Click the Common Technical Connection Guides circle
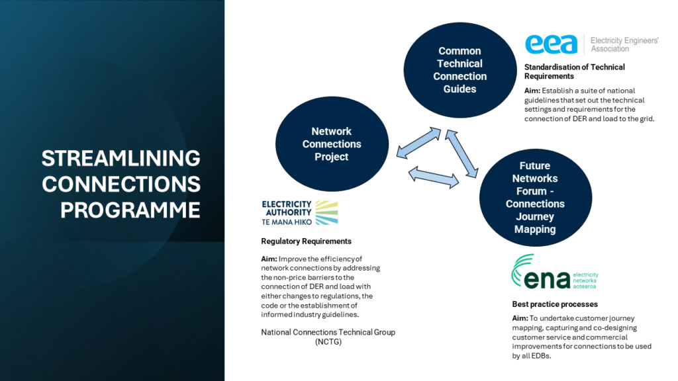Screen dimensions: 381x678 coord(460,69)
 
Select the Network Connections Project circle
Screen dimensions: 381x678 coord(332,144)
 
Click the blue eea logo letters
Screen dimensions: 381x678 coord(552,45)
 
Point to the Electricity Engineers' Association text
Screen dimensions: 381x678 coord(624,44)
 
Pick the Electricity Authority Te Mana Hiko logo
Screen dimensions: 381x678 coord(300,212)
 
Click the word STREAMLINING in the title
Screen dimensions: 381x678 coord(121,158)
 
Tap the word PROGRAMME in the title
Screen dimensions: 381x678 coord(130,210)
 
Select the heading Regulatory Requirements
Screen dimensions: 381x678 coord(306,241)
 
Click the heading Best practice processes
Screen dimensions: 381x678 coord(555,304)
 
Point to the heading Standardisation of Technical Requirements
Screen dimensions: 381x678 coord(574,71)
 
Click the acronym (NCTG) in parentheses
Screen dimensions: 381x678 coord(328,342)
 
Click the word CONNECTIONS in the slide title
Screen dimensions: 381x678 coord(121,184)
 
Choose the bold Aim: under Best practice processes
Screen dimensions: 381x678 coord(520,318)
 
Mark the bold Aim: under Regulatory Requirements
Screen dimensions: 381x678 coord(269,259)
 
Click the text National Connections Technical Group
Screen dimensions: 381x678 coord(328,332)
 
